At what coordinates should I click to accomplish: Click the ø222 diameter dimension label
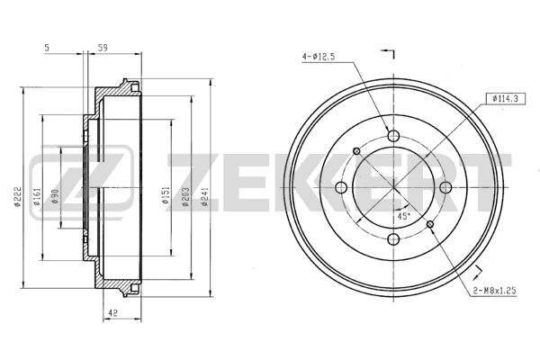(18, 197)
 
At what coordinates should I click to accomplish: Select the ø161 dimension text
(37, 197)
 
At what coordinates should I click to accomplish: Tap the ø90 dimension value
(55, 197)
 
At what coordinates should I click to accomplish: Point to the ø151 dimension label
(166, 197)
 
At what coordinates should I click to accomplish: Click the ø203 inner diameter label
(185, 197)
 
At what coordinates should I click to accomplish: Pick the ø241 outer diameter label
(204, 197)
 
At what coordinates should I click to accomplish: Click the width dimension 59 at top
(103, 48)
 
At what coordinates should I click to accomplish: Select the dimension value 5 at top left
(47, 48)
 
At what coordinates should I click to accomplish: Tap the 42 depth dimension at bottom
(113, 313)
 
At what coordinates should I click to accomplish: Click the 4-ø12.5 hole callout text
(319, 57)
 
